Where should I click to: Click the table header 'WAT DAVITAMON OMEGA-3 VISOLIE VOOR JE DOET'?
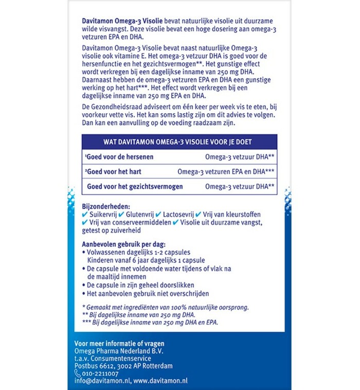pyautogui.click(x=179, y=141)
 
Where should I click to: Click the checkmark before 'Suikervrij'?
pyautogui.click(x=85, y=214)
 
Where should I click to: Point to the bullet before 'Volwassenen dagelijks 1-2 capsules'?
pyautogui.click(x=84, y=253)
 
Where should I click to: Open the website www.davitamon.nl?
pyautogui.click(x=161, y=381)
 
